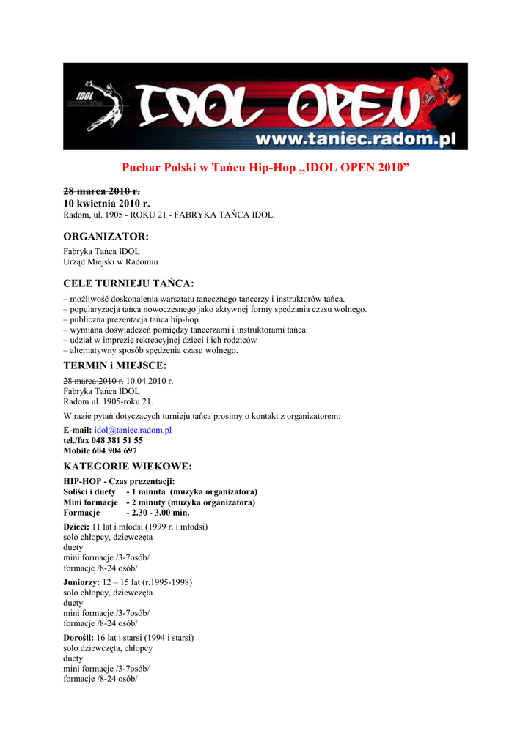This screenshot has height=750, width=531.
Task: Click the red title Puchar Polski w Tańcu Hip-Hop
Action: click(265, 168)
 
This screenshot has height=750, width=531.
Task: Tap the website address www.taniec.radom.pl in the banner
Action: click(355, 139)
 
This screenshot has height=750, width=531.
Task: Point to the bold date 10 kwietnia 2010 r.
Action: click(106, 203)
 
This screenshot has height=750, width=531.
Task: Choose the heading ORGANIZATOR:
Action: click(106, 237)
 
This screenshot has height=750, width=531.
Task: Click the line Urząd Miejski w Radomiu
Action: click(111, 261)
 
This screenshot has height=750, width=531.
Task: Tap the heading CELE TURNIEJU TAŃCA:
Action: click(128, 283)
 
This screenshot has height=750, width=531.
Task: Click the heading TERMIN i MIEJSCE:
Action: click(115, 365)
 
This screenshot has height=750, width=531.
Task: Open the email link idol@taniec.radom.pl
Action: click(133, 430)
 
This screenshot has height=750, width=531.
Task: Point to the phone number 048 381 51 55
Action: click(117, 441)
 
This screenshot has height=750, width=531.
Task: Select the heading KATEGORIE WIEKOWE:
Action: click(128, 467)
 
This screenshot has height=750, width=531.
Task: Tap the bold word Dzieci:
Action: click(76, 527)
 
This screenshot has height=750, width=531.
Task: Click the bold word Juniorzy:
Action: click(81, 582)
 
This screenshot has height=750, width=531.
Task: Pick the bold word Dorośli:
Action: click(79, 638)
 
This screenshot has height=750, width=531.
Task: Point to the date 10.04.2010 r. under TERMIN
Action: click(150, 381)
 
